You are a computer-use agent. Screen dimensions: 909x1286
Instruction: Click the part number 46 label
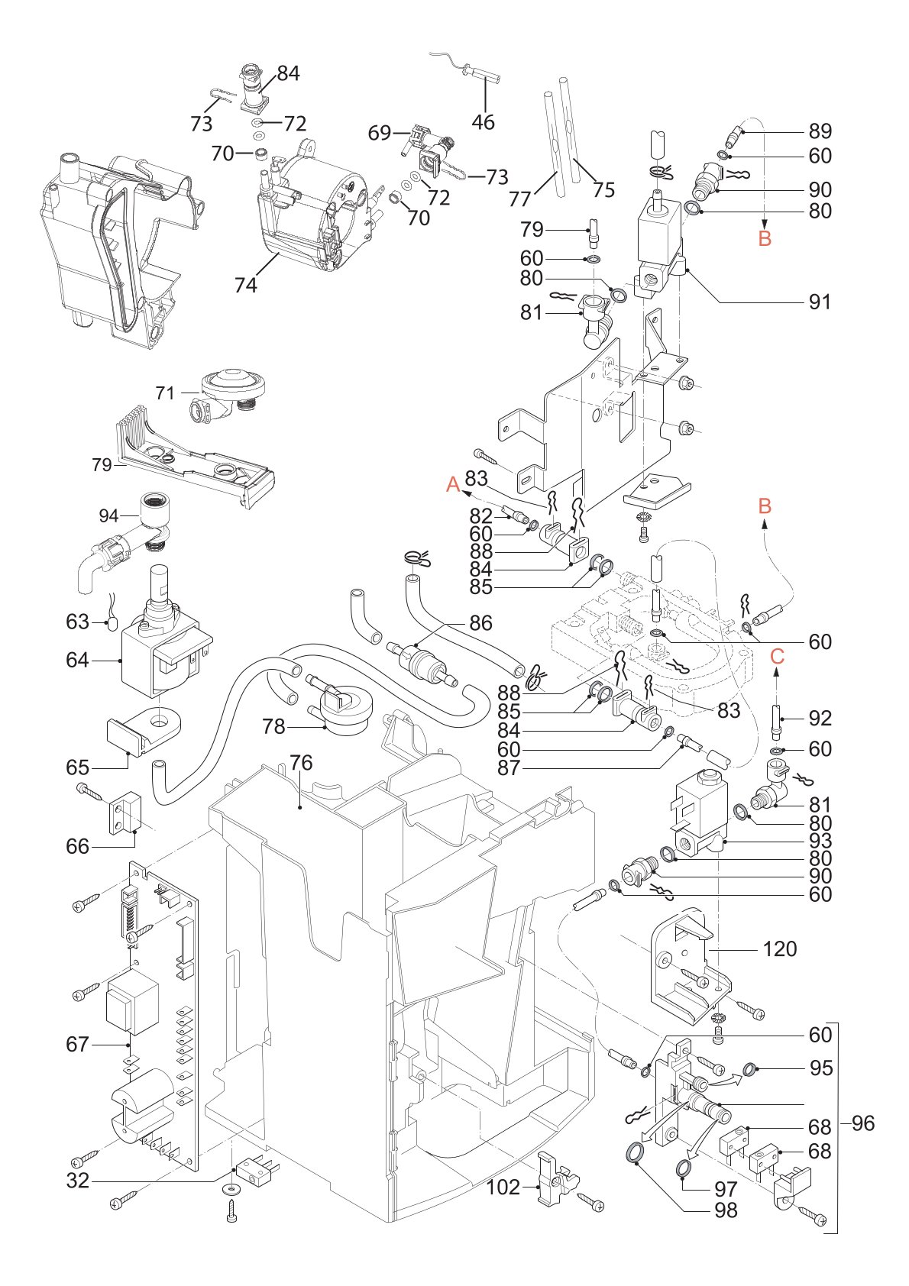click(x=483, y=121)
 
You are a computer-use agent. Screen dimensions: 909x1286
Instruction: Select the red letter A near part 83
click(x=454, y=485)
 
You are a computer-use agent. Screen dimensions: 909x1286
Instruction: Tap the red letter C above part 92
click(x=777, y=656)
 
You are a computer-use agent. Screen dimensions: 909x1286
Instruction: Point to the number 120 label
click(x=780, y=949)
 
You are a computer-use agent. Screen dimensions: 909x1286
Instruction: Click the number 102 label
click(x=503, y=1187)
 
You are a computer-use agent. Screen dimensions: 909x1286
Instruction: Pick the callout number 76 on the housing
click(x=301, y=762)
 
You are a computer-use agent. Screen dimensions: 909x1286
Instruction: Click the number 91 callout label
click(x=820, y=302)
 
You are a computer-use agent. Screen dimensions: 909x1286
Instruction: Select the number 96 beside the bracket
click(x=863, y=1123)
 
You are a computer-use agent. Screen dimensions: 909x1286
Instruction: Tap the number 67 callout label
click(x=78, y=1044)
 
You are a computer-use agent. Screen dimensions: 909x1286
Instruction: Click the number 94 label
click(x=108, y=515)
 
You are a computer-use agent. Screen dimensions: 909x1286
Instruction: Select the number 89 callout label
click(x=820, y=131)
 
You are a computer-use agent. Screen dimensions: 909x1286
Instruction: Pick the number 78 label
click(x=273, y=727)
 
